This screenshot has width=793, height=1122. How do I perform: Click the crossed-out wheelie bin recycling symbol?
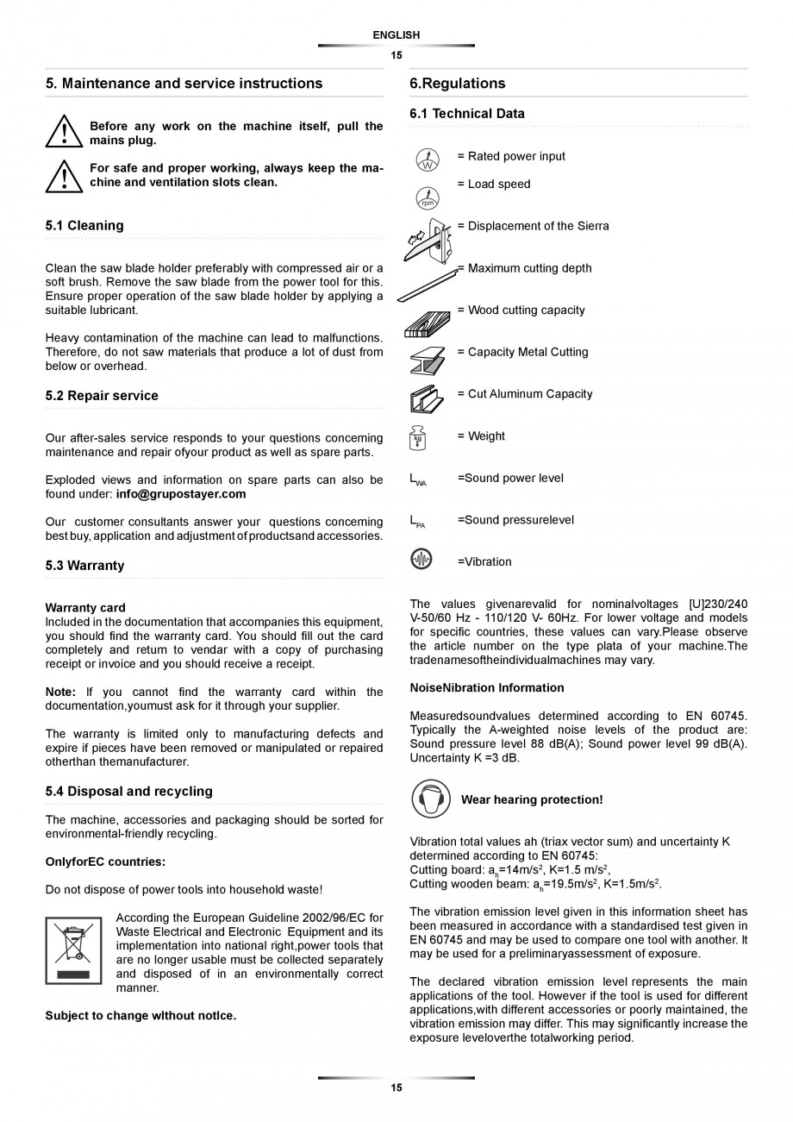coord(73,949)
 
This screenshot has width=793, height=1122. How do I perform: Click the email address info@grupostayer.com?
coord(181,494)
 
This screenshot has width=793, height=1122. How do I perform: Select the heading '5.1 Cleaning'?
coord(84,225)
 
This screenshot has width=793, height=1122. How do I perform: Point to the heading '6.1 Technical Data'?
coord(466,113)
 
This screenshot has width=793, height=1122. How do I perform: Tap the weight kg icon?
coord(418,438)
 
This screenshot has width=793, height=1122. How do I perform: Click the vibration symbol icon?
coord(421,560)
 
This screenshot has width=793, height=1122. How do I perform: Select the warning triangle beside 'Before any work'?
coord(64,133)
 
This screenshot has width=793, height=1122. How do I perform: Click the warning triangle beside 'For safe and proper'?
coord(64,175)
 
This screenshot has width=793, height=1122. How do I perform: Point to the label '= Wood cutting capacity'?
coord(521,310)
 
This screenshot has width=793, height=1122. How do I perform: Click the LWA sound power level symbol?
coord(418,480)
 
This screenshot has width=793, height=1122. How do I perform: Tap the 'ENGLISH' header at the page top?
coord(396,35)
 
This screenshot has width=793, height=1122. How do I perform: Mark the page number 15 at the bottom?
coord(396,1088)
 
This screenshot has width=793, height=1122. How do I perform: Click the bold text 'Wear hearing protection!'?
coord(532,799)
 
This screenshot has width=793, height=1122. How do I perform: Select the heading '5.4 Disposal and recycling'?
coord(128,791)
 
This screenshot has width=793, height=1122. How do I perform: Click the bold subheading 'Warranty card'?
coord(85,607)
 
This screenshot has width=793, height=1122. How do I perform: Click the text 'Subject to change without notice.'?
coord(140,1015)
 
